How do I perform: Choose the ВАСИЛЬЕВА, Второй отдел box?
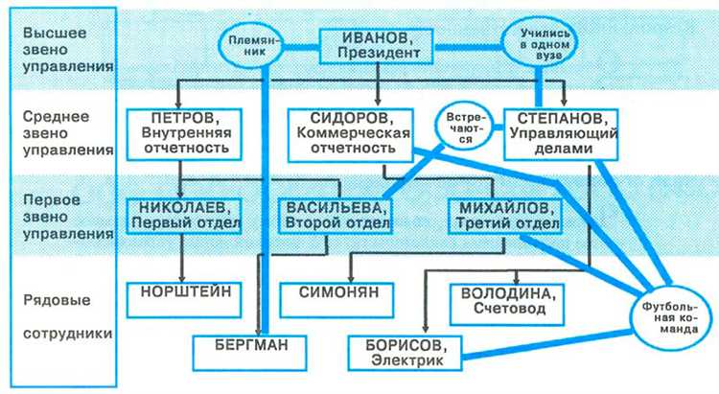[x=335, y=216]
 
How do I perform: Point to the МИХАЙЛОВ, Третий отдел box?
[x=503, y=216]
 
